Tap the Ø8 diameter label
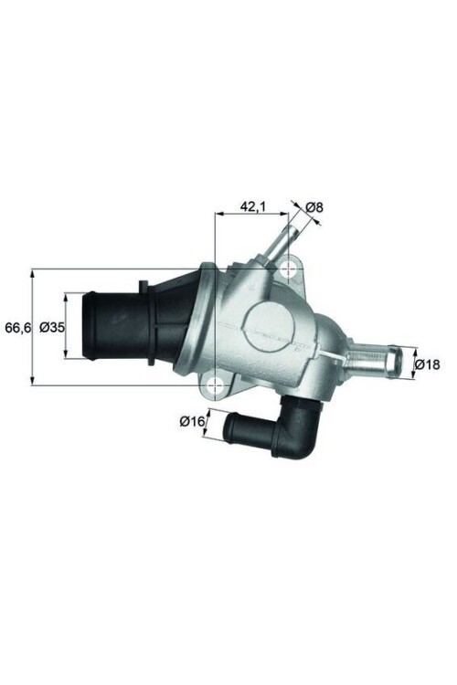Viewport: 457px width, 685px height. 314,207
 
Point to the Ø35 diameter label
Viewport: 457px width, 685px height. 52,327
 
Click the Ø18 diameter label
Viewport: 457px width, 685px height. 427,364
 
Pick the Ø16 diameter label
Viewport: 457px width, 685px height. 191,421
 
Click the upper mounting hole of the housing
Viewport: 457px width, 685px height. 292,268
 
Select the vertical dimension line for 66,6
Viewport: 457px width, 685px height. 33,326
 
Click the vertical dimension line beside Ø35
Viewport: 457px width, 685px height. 67,327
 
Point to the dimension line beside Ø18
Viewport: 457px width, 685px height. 414,364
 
